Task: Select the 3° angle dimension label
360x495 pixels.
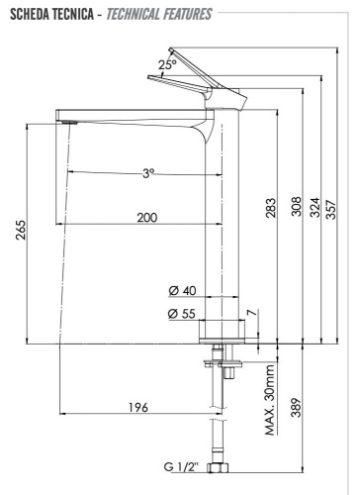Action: click(x=148, y=173)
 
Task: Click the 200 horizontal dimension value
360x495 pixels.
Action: click(x=146, y=217)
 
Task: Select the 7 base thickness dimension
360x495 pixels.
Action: click(x=252, y=314)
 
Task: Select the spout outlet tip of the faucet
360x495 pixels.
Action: click(x=66, y=121)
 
